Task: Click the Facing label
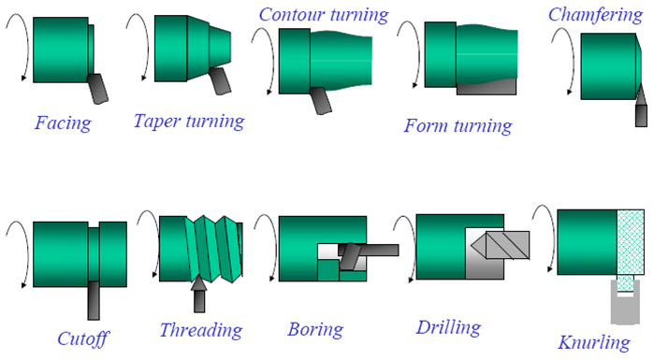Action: tap(63, 123)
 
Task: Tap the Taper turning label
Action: tap(189, 122)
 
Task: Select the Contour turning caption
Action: tap(324, 15)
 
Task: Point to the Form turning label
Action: tap(458, 126)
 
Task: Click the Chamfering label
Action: tap(596, 15)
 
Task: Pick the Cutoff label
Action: tap(83, 339)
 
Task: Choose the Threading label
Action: tap(201, 331)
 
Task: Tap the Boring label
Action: tap(315, 330)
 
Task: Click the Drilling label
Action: tap(449, 328)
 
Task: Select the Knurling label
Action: tap(594, 343)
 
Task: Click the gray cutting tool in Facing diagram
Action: tap(97, 88)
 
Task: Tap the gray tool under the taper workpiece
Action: tap(219, 80)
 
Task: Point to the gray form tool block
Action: tap(487, 87)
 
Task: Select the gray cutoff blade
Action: tap(94, 300)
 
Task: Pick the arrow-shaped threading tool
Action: tap(199, 295)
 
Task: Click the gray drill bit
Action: tap(501, 245)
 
